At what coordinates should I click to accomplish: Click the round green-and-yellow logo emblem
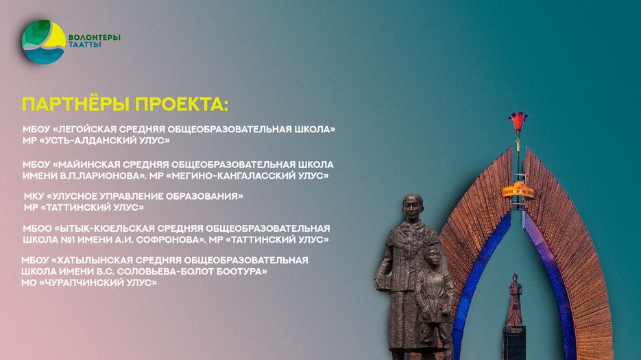(43, 43)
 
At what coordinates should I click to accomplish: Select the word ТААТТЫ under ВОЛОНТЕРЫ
(85, 45)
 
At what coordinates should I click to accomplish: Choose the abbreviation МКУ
(34, 196)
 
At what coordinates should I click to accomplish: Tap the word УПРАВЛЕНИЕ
(128, 196)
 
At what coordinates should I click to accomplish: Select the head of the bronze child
(431, 254)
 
